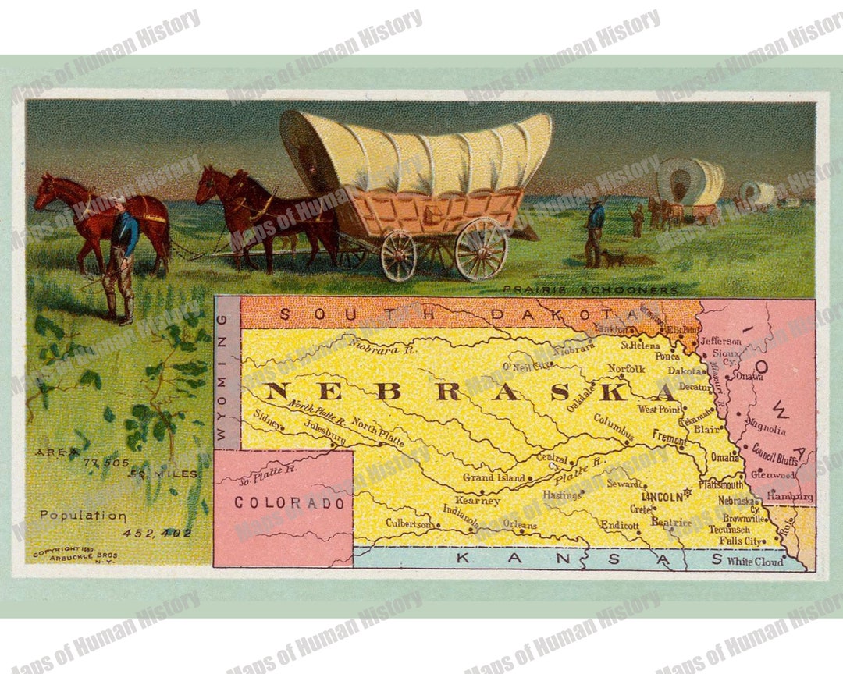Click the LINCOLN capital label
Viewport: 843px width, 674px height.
[x=662, y=495]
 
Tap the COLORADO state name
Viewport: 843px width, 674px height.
[x=290, y=503]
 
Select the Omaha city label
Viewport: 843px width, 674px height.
[x=724, y=458]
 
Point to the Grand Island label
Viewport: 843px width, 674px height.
[x=494, y=477]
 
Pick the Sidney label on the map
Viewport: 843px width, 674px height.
[x=269, y=417]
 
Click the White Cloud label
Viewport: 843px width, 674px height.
[x=755, y=561]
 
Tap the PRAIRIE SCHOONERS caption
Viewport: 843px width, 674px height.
[x=590, y=290]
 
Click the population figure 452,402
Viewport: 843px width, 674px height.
[x=157, y=533]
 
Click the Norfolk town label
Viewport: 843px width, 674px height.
[x=627, y=368]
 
